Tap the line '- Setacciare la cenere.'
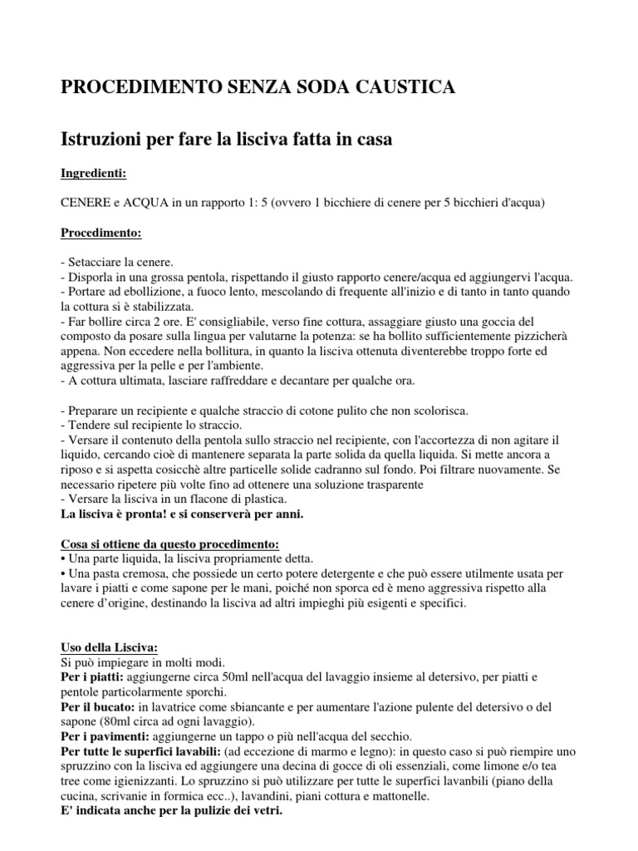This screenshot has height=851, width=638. [x=117, y=262]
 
